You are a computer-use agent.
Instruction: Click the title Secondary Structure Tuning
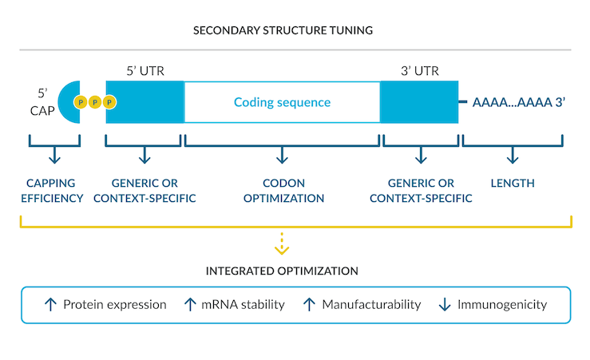click(283, 30)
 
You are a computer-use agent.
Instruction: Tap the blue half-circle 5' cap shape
click(67, 102)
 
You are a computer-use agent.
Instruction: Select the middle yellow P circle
click(95, 102)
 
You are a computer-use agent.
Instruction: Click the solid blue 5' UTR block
click(145, 102)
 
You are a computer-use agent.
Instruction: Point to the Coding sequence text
click(282, 102)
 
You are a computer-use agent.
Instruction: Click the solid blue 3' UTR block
click(419, 102)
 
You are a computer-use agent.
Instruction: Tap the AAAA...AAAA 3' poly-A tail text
click(519, 102)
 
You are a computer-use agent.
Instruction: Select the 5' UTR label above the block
click(145, 71)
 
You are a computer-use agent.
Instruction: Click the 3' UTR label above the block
click(420, 71)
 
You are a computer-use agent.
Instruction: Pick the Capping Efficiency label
click(52, 190)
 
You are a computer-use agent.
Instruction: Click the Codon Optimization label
click(283, 190)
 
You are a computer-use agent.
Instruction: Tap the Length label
click(513, 184)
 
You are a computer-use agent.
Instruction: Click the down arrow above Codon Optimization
click(282, 155)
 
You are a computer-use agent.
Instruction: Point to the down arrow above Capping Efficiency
click(54, 155)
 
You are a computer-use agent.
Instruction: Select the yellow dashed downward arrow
click(282, 243)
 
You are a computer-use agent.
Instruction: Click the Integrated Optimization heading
click(282, 271)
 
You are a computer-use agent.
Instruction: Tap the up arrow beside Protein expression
click(50, 304)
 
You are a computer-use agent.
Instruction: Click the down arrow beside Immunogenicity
click(445, 304)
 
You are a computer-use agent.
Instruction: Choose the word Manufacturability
click(371, 304)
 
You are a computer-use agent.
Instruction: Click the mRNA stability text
click(243, 304)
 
